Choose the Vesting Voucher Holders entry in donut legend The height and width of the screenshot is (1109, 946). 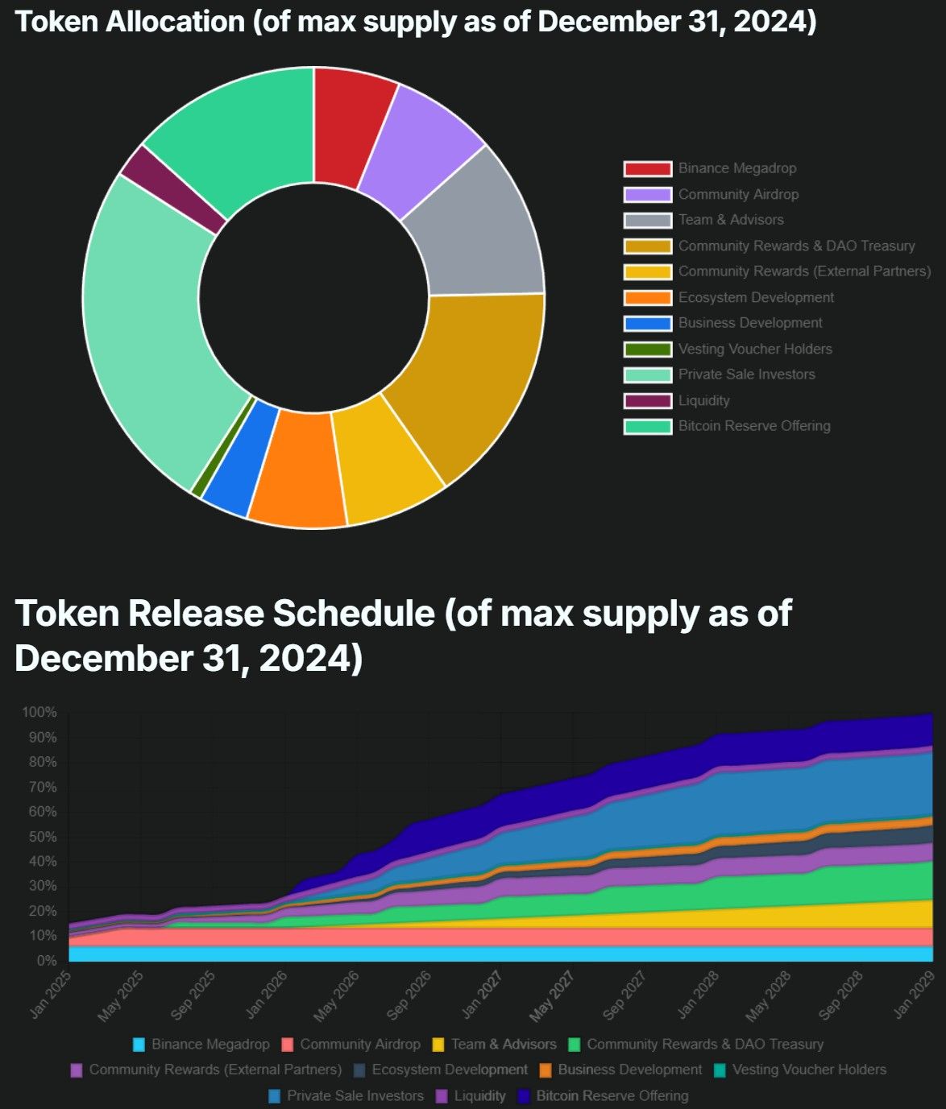(x=754, y=349)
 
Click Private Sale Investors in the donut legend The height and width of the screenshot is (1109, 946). (x=746, y=374)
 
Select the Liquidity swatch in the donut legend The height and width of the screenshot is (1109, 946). (x=647, y=400)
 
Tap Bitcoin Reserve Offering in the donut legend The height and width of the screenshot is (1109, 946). (x=753, y=426)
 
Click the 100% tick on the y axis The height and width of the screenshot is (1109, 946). (x=39, y=713)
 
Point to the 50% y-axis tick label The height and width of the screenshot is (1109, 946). (x=43, y=837)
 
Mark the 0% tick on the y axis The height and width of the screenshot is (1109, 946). (x=46, y=961)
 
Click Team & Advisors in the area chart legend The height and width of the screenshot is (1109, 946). (x=503, y=1045)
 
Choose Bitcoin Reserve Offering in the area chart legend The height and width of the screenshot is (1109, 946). (x=612, y=1096)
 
